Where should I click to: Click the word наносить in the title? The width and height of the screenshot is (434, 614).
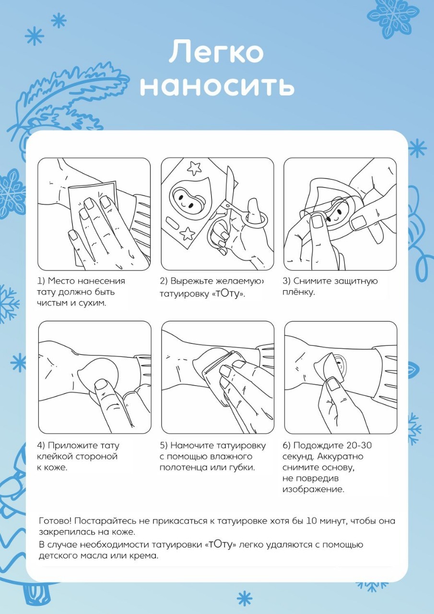[x=217, y=86]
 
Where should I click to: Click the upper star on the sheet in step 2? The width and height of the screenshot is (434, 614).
[x=194, y=168]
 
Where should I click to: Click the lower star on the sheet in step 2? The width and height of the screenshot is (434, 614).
[x=188, y=234]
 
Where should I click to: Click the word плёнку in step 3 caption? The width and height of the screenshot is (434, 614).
[x=299, y=292]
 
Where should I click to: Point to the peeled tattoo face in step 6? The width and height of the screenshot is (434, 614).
[x=340, y=365]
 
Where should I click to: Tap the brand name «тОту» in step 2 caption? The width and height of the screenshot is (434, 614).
[x=228, y=294]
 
